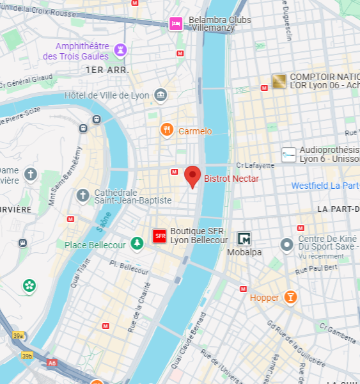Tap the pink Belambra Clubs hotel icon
(176, 24)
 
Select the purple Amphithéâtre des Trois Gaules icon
(120, 50)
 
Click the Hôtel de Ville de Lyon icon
(160, 95)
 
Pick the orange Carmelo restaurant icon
(167, 131)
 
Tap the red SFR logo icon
(160, 236)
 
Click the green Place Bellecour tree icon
(136, 243)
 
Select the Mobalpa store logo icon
(244, 239)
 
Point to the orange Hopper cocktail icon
(290, 297)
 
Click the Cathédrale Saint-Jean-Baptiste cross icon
(82, 195)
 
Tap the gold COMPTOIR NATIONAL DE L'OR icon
(279, 81)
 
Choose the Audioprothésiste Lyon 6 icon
(289, 154)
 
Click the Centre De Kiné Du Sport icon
(287, 244)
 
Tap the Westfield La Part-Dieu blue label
(325, 186)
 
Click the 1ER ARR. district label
(107, 69)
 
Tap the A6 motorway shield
(52, 363)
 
